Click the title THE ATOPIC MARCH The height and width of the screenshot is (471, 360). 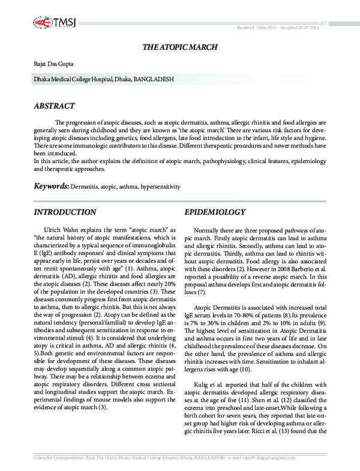pos(180,46)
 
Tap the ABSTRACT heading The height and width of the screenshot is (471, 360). pos(55,106)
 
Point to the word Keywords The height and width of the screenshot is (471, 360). pos(51,187)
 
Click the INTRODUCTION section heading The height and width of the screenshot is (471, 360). pos(65,212)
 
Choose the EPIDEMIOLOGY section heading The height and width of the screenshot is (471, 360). pos(215,212)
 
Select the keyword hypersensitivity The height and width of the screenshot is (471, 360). pos(160,187)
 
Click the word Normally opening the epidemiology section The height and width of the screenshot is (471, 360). pos(208,230)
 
